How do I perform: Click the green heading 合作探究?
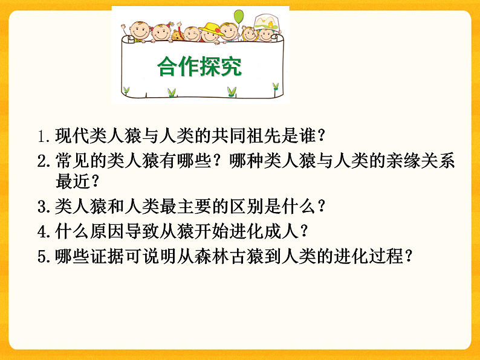[199, 67]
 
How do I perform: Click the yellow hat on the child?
[211, 27]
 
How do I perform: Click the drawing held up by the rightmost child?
[265, 23]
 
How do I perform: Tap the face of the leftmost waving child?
[138, 31]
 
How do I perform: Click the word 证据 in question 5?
[107, 256]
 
